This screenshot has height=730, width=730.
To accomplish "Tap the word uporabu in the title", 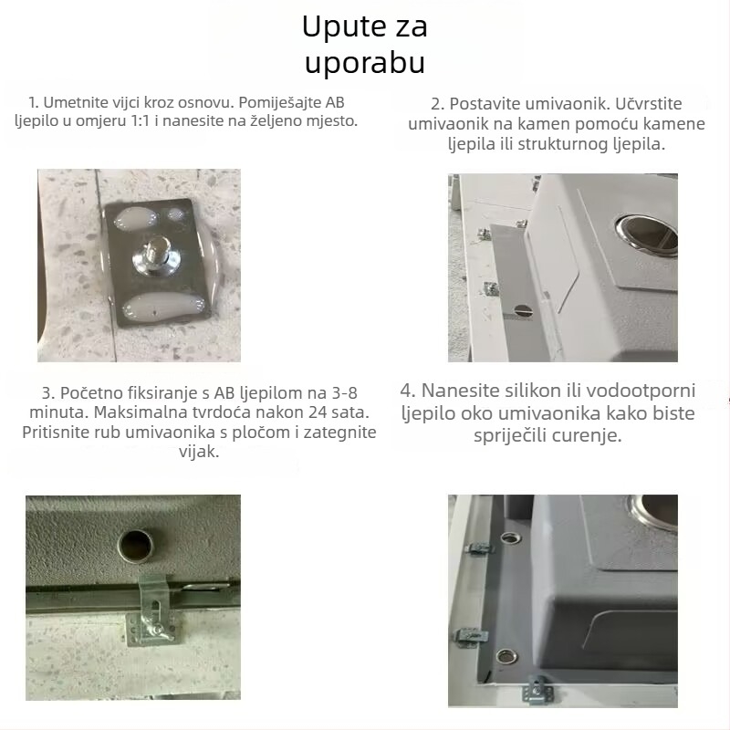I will point(364,64).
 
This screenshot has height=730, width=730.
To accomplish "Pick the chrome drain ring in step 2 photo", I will point(645,231).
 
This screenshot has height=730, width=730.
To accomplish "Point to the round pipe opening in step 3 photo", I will point(139,547).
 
